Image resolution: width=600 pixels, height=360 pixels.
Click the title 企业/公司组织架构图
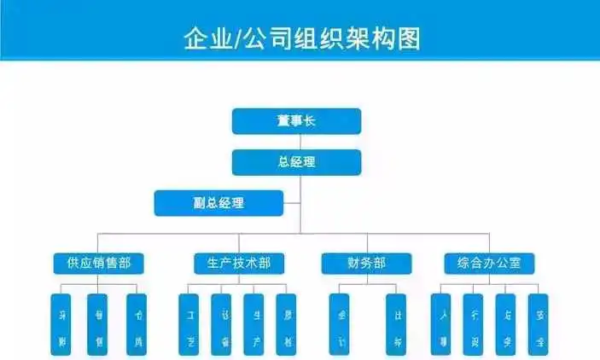(300, 38)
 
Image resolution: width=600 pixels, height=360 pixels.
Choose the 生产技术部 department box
(233, 263)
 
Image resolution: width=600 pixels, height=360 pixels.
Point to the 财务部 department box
(366, 263)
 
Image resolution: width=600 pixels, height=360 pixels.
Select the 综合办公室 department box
(490, 263)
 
